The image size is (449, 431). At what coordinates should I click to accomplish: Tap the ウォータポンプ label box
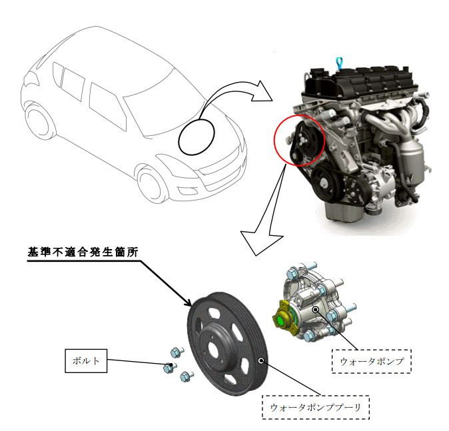(x=372, y=362)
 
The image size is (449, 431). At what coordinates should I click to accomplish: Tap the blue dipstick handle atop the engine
(x=340, y=62)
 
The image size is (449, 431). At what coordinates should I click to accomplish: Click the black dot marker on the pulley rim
(x=261, y=360)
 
